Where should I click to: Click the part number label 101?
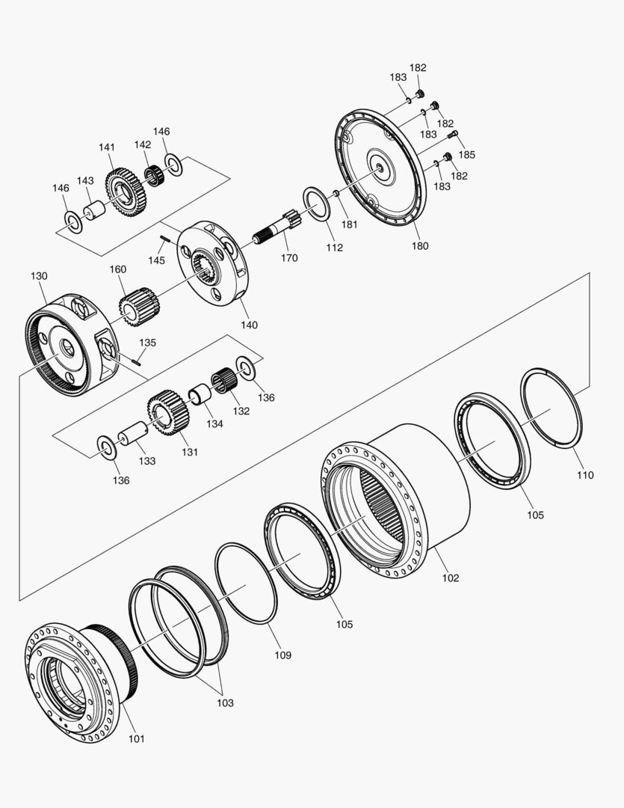(x=135, y=739)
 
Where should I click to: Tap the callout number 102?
(x=450, y=578)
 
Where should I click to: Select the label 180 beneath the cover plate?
(x=420, y=246)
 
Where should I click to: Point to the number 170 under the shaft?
(x=289, y=258)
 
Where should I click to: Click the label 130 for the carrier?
(x=39, y=276)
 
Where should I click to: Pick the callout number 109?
(x=282, y=655)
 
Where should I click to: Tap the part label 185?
(x=467, y=155)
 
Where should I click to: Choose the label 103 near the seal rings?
(x=225, y=703)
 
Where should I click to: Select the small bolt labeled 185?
(x=451, y=135)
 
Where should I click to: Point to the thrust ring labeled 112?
(x=317, y=204)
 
